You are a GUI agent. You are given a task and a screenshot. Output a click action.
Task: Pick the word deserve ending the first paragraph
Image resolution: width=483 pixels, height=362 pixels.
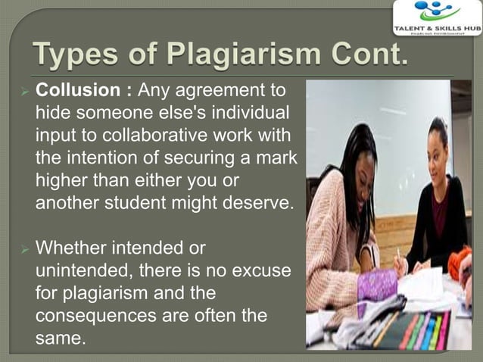pyautogui.click(x=255, y=204)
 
